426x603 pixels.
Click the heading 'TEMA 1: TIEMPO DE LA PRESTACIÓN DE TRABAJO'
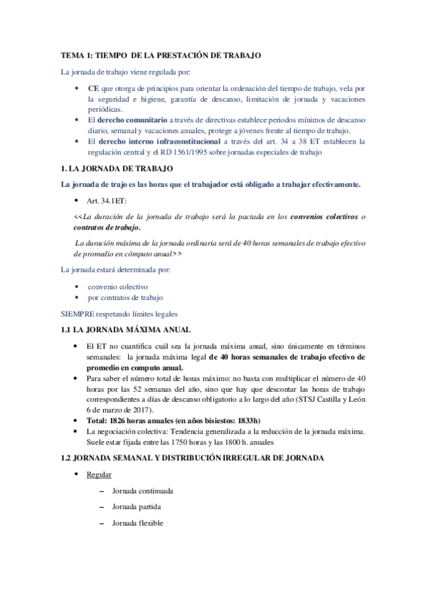(x=161, y=55)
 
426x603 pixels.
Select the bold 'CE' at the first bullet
(x=92, y=87)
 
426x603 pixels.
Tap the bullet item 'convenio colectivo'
(x=118, y=286)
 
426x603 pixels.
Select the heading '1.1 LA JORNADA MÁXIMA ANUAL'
(x=124, y=330)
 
